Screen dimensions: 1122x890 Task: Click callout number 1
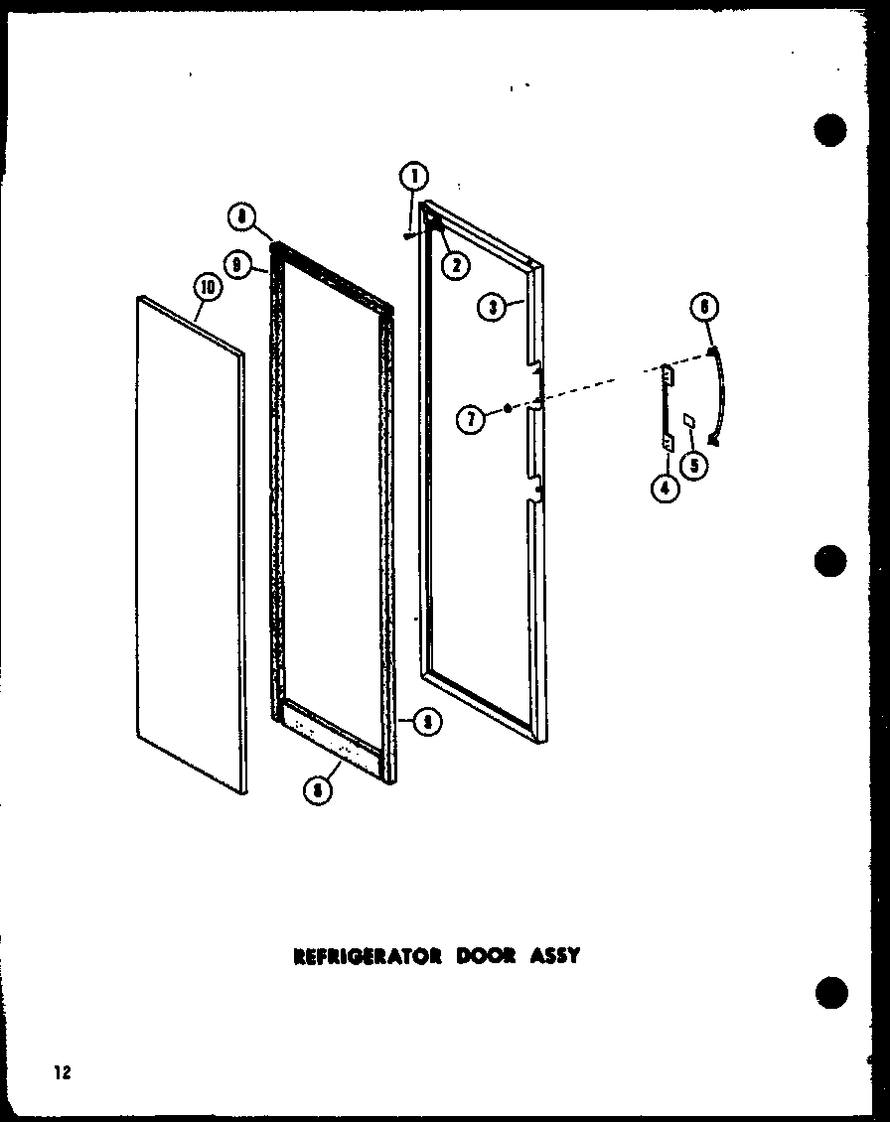[x=413, y=179]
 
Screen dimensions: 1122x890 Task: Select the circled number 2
[x=456, y=263]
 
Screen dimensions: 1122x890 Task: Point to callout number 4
[x=665, y=489]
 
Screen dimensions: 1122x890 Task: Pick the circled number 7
[x=471, y=420]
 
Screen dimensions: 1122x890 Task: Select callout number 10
[x=206, y=289]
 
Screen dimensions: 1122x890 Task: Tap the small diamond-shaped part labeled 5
[x=689, y=421]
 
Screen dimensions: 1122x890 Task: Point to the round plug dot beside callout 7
[x=508, y=408]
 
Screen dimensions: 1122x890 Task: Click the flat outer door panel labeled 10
[x=189, y=546]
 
